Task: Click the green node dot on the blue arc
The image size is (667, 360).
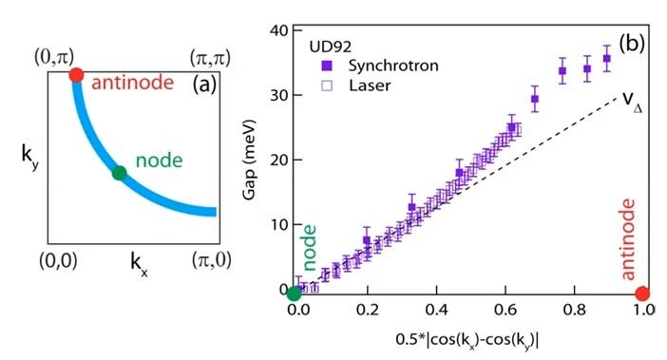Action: (120, 173)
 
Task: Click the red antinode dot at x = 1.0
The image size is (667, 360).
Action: (642, 293)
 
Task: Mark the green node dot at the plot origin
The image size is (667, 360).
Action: (295, 293)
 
